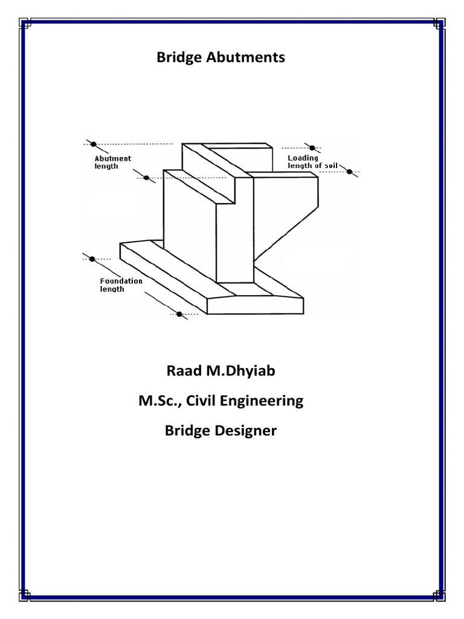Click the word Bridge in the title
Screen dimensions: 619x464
178,58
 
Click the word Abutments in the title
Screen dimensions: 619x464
243,57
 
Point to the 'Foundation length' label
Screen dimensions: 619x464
121,285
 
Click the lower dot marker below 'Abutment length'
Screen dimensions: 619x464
146,178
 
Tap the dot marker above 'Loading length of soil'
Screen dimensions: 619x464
312,147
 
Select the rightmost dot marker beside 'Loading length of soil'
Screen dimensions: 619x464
349,172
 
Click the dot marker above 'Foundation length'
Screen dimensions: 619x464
92,259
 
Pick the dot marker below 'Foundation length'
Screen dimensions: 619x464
179,314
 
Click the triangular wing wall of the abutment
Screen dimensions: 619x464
284,218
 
